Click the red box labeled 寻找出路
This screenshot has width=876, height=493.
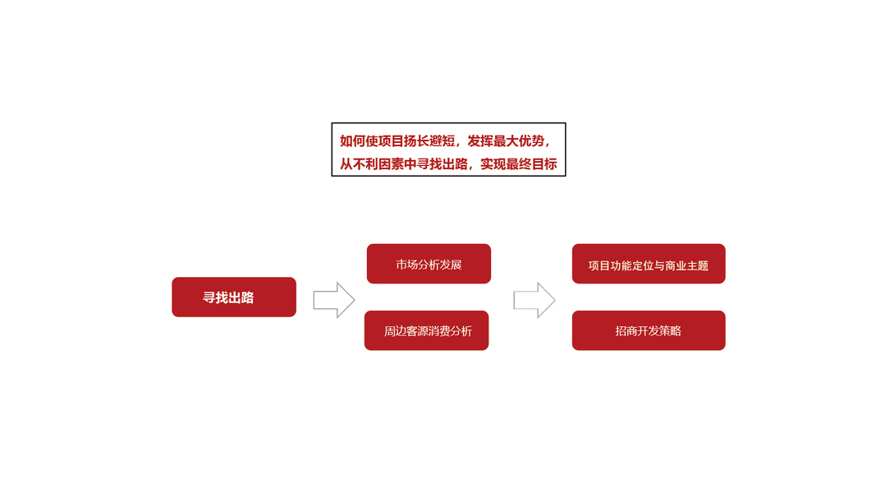coord(233,297)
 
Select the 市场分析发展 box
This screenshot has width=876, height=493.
coord(429,264)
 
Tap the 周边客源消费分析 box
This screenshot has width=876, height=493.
coord(426,331)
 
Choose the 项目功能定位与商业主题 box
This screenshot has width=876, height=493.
coord(648,265)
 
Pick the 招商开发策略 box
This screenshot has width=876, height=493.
coord(648,331)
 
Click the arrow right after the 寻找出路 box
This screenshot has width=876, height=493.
coord(333,300)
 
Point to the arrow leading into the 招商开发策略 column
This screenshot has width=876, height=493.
coord(534,300)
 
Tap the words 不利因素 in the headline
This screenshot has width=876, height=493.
coord(381,164)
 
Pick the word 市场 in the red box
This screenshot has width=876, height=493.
coord(406,265)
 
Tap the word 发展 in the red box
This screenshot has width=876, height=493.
coord(451,265)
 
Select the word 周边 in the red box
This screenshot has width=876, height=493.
coord(395,332)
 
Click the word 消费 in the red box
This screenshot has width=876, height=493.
coord(439,332)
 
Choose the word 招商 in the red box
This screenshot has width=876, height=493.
coord(626,332)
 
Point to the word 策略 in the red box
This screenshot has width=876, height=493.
coord(670,332)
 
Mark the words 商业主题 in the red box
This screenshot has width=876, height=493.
coord(686,265)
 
